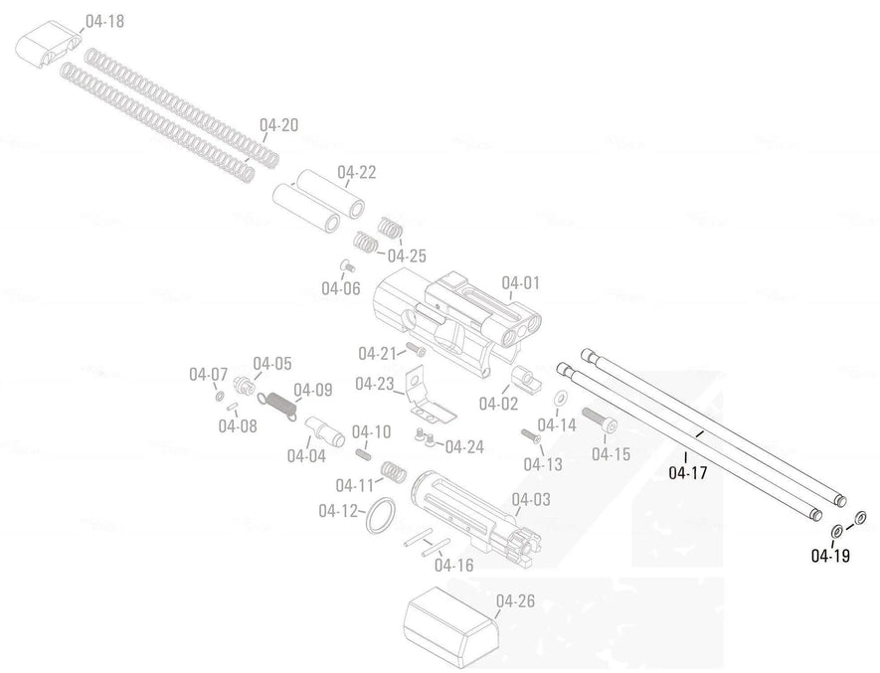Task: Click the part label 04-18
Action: click(x=105, y=21)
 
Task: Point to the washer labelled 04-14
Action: click(x=558, y=399)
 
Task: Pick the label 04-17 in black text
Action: click(x=687, y=472)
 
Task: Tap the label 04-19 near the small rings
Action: click(x=830, y=556)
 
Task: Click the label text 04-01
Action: click(x=520, y=283)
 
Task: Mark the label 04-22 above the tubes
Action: click(x=356, y=173)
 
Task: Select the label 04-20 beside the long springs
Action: click(x=278, y=126)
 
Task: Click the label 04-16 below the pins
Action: click(x=453, y=566)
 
